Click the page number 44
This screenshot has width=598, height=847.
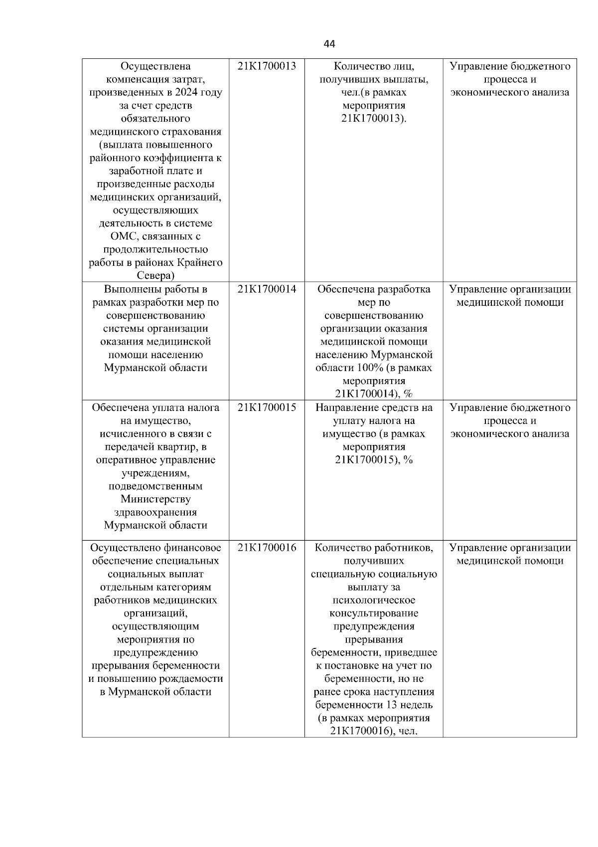click(329, 44)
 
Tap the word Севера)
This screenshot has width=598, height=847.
click(155, 276)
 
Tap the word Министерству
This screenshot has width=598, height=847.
click(155, 499)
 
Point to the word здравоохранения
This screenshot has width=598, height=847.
click(155, 512)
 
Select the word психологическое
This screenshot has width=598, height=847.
click(374, 601)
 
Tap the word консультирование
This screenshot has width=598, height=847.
click(374, 614)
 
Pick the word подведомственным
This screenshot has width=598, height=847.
click(155, 486)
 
